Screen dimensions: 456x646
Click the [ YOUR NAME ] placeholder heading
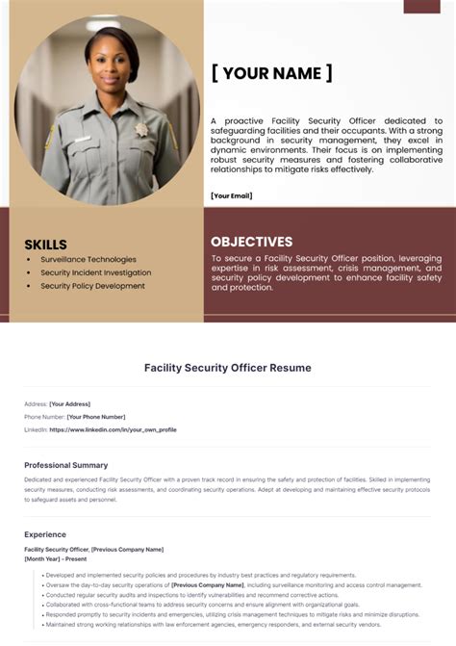[272, 73]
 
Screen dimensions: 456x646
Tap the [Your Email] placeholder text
[231, 195]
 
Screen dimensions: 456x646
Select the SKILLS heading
[45, 245]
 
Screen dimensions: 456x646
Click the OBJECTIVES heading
[251, 242]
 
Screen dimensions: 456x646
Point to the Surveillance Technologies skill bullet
[89, 259]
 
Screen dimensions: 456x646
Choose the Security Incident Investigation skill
[95, 272]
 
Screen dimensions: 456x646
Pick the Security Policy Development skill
[92, 286]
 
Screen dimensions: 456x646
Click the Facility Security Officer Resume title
[228, 368]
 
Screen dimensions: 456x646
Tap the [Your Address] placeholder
[70, 403]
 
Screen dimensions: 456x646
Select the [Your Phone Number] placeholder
[96, 417]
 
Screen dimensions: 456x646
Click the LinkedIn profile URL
[113, 429]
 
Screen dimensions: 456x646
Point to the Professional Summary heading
[66, 465]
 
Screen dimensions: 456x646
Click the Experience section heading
[45, 534]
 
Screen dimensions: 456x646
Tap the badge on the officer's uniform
[141, 129]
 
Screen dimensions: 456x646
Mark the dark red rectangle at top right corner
[421, 6]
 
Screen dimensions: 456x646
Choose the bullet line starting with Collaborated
[203, 604]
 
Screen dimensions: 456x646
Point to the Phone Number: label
[44, 417]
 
